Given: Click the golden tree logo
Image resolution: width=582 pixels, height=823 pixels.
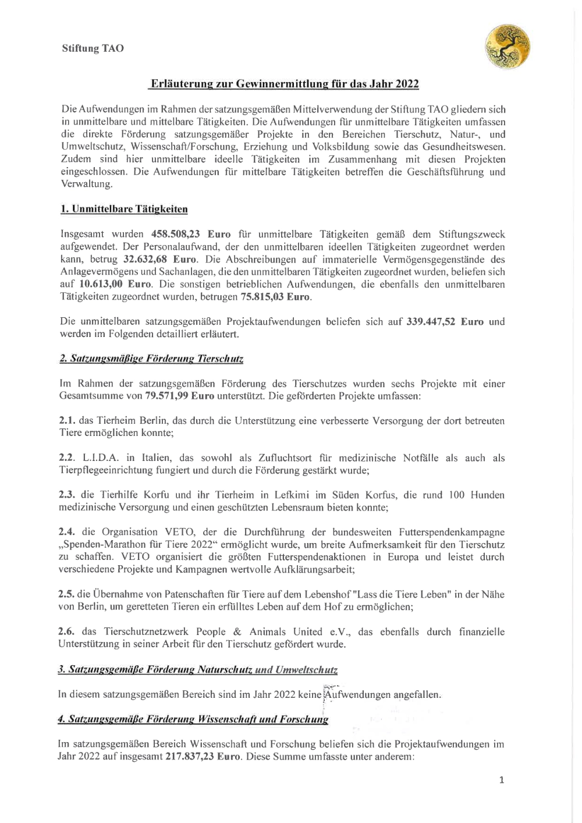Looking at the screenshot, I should click(x=508, y=46).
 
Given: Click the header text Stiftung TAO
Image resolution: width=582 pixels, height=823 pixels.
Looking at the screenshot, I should click(x=93, y=48).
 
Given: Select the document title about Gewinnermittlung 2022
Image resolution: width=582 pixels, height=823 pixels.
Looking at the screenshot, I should click(x=283, y=84).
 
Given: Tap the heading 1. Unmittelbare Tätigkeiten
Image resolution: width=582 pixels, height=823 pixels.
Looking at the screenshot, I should click(x=124, y=209).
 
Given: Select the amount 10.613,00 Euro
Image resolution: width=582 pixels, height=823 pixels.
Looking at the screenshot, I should click(x=114, y=284).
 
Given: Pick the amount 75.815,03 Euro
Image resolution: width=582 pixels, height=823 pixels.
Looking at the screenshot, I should click(x=275, y=297).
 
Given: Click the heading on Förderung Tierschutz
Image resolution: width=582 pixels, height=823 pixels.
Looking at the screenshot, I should click(x=151, y=359).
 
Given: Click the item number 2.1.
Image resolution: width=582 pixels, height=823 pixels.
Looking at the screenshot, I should click(x=67, y=421).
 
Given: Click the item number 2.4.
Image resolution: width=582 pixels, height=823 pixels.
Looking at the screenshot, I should click(x=67, y=532).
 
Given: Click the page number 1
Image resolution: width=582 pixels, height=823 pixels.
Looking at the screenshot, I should click(x=502, y=780).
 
